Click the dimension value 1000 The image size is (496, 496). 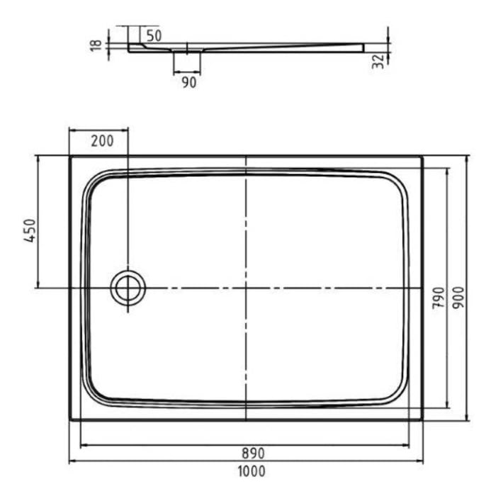point(252,471)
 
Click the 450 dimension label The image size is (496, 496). point(30,230)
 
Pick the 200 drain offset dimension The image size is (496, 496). point(102,140)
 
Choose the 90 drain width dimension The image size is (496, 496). point(188,83)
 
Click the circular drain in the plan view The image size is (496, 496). point(128,288)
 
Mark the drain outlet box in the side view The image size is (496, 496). point(187,62)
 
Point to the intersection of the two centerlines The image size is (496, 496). point(246,288)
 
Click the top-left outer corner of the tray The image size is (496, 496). point(70,157)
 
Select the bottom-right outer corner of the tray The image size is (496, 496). point(422,419)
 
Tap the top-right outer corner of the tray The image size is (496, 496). point(422,157)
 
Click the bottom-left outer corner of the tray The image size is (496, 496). point(70,419)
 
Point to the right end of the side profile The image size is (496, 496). point(363,48)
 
